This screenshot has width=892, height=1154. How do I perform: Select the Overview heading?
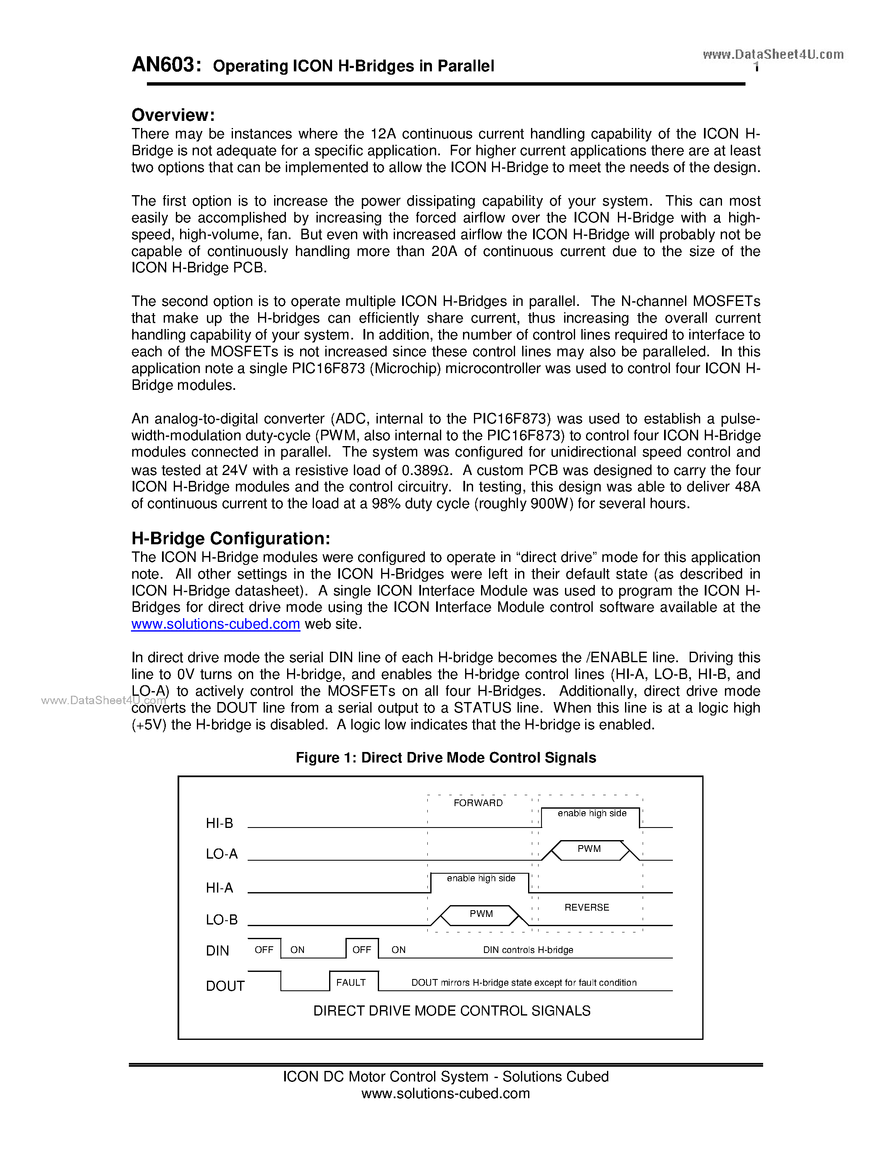tap(173, 115)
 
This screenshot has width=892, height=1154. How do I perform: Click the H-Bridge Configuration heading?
tap(230, 538)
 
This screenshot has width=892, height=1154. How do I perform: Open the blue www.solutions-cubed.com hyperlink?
tap(216, 624)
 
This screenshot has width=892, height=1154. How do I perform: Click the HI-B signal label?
tap(219, 823)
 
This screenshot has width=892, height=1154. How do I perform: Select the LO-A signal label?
tap(221, 854)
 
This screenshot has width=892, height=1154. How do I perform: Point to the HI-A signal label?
tap(219, 887)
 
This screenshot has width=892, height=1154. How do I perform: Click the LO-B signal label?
tap(221, 919)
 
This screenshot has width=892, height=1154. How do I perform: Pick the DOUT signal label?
tap(225, 985)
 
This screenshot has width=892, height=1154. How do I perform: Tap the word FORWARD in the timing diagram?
tap(478, 803)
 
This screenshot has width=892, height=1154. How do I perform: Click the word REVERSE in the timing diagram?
tap(586, 907)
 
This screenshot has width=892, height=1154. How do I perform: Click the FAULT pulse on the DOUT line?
tap(351, 982)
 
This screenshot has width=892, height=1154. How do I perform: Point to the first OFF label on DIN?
tap(264, 950)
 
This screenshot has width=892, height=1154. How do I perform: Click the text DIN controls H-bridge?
tap(528, 950)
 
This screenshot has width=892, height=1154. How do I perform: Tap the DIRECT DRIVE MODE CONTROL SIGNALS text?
tap(452, 1010)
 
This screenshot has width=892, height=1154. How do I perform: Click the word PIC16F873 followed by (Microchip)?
tap(328, 368)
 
